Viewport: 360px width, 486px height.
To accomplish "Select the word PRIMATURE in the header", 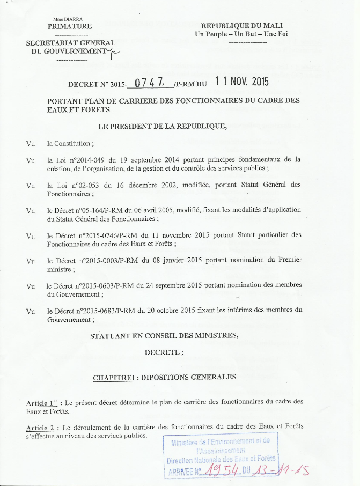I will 70,26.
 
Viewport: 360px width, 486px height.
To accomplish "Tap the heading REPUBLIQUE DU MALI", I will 241,26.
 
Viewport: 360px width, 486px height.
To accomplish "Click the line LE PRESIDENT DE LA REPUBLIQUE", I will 162,127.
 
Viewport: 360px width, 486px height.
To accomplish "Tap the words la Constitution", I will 70,144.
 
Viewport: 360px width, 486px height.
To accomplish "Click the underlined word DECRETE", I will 164,352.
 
